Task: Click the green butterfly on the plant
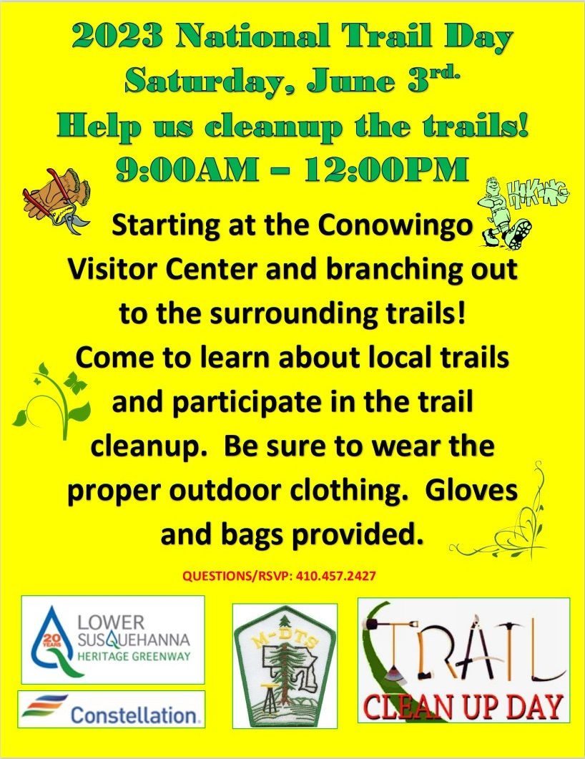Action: click(x=74, y=381)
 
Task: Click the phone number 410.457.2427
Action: click(x=336, y=576)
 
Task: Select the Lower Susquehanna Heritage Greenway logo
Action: click(x=113, y=640)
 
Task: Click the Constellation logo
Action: click(x=112, y=709)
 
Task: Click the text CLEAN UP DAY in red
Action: click(x=463, y=707)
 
